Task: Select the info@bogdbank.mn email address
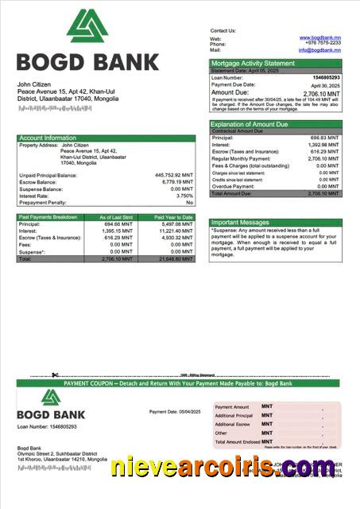point(319,49)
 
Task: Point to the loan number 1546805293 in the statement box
point(326,77)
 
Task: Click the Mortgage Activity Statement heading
point(253,64)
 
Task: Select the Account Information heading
point(48,138)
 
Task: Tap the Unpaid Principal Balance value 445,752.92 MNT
point(173,175)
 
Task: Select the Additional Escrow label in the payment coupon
point(234,425)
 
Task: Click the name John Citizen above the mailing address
point(35,84)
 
